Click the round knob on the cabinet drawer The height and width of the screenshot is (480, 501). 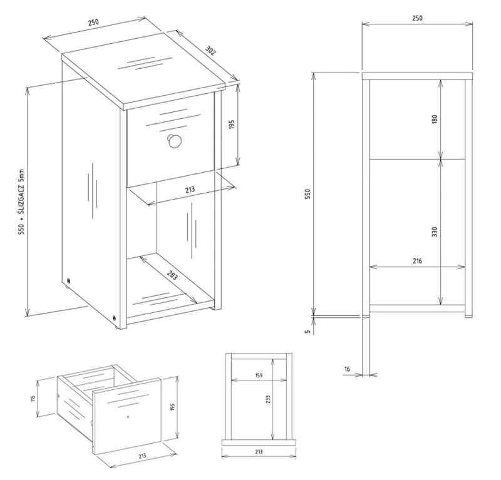174,141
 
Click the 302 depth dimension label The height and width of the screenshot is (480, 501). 210,51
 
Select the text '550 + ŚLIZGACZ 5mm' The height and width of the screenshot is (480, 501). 21,202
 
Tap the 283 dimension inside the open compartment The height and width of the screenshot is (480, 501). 172,275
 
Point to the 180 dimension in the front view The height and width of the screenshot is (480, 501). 434,120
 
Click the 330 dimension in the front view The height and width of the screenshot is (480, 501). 434,232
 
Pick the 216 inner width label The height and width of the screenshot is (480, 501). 417,261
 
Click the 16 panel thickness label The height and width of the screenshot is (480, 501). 348,369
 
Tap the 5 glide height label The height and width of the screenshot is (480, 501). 307,332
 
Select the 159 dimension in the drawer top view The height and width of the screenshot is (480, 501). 259,375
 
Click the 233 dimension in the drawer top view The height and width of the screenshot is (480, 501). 268,399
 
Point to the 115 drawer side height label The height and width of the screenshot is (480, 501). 33,399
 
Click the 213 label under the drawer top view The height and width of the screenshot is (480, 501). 259,452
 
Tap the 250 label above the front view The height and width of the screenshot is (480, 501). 417,18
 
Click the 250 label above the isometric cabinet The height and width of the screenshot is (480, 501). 93,22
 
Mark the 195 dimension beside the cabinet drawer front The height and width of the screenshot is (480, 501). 232,125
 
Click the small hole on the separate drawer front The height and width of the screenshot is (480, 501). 128,417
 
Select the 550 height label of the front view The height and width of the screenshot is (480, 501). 307,194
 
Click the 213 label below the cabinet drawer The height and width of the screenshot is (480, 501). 190,190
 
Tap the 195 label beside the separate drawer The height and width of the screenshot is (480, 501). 173,407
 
